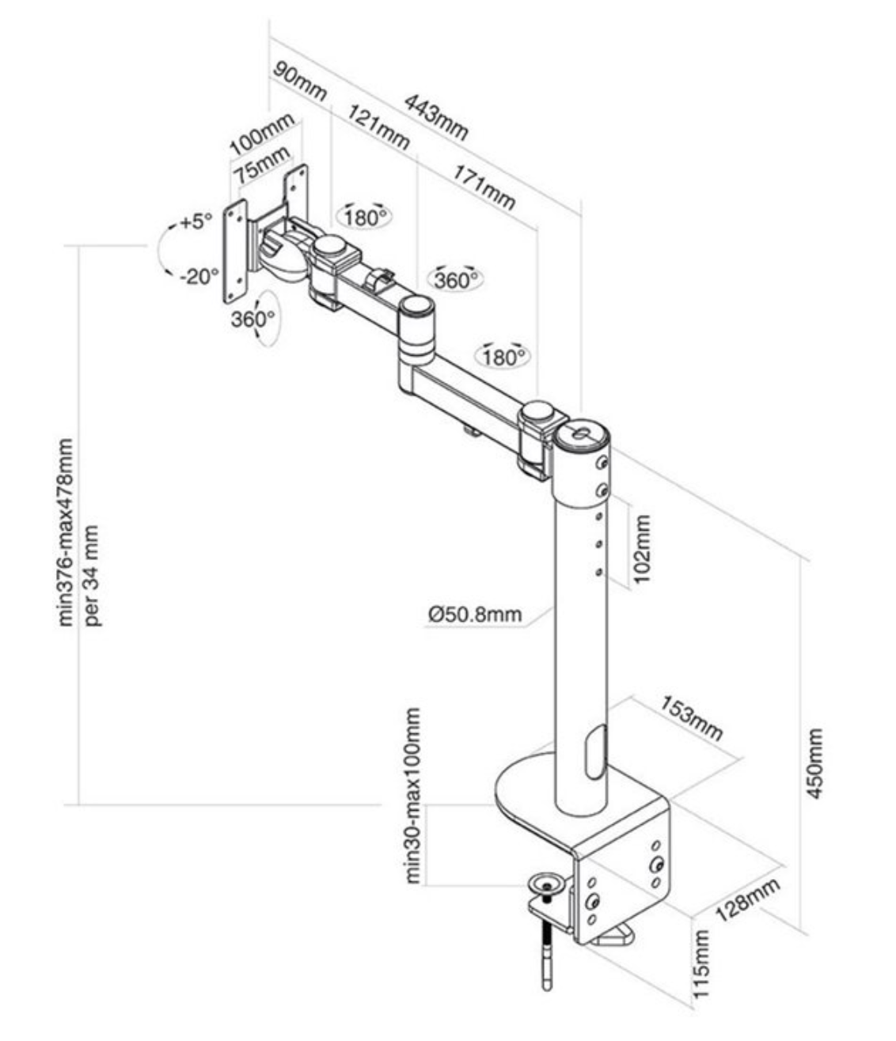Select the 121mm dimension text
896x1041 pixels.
point(379,130)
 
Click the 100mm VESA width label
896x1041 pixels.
point(261,135)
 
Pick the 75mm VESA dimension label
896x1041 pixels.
point(260,163)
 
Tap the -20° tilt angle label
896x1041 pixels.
point(198,276)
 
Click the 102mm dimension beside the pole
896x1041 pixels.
point(642,549)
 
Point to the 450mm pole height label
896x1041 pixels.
point(816,764)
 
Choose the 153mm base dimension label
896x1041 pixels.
point(692,717)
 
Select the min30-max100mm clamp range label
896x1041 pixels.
point(412,795)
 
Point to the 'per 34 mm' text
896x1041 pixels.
point(93,574)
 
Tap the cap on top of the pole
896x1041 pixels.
point(582,434)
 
